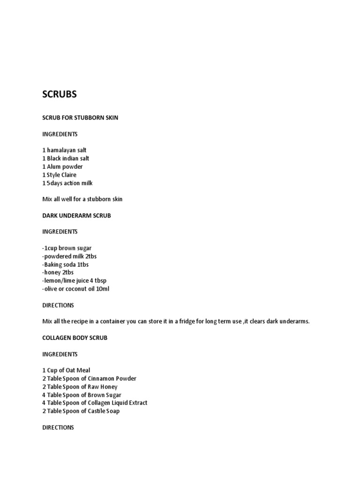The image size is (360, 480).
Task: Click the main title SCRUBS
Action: coord(60,94)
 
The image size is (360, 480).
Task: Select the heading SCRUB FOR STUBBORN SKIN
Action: coord(80,118)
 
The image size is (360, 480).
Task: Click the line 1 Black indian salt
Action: coord(66,158)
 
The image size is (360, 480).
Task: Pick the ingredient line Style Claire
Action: coord(61,175)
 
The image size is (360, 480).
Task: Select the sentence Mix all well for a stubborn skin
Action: coord(82,199)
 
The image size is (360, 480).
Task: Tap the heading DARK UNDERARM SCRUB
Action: coord(76,216)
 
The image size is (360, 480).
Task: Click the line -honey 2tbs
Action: coord(58,272)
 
